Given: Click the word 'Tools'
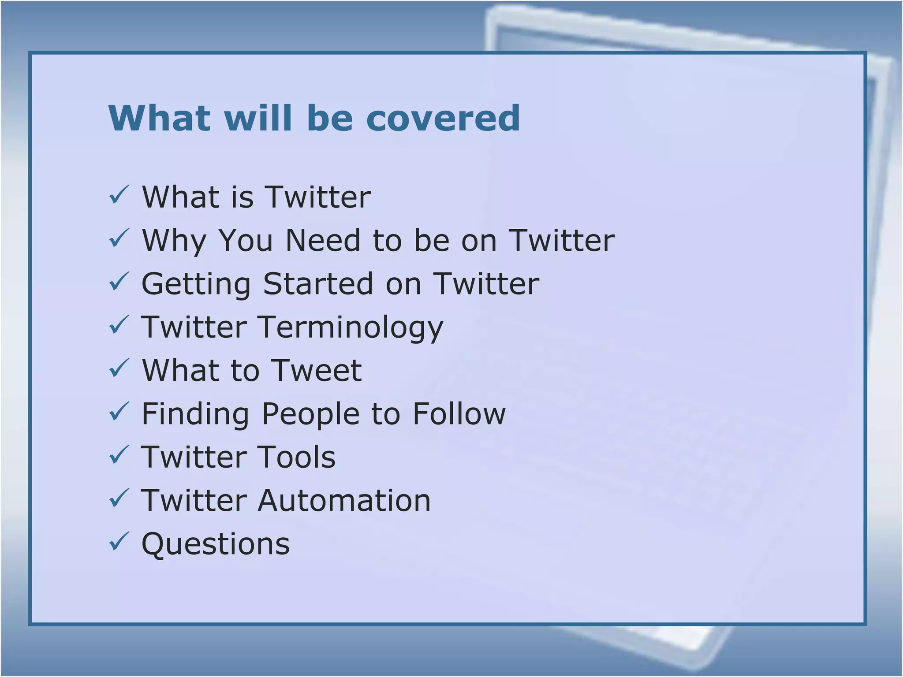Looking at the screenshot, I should click(296, 457).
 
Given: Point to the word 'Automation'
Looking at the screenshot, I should click(344, 500).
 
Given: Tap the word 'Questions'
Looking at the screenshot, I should click(216, 544).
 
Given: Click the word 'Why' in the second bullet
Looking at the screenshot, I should click(174, 241).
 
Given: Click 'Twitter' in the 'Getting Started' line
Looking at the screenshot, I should click(486, 283).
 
